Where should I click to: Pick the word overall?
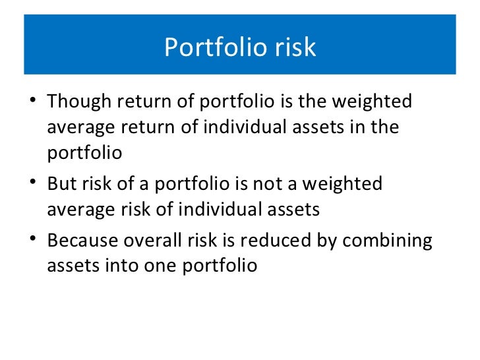click(166, 241)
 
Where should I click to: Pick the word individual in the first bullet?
click(248, 127)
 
